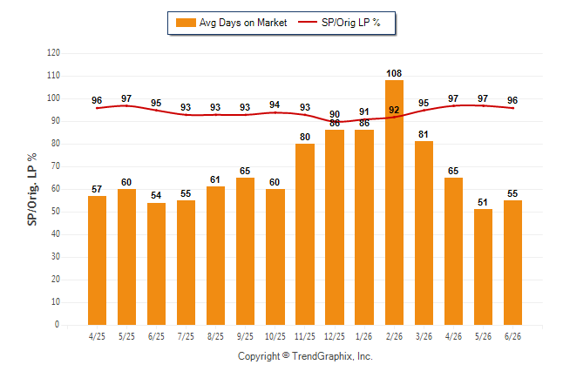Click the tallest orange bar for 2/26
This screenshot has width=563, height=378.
394,202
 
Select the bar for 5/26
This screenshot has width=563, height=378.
483,267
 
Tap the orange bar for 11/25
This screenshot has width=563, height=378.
305,234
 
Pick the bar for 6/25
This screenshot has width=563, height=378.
156,264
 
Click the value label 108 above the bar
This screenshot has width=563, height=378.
394,73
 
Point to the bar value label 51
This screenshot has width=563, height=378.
483,202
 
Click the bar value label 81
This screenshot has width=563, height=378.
424,134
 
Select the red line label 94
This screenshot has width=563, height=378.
275,105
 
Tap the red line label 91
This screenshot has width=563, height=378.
364,111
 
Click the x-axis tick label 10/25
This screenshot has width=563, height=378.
275,336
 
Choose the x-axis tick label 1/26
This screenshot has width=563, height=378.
364,336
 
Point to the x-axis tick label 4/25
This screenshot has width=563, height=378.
97,336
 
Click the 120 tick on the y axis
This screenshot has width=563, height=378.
53,53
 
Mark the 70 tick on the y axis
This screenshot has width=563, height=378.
55,166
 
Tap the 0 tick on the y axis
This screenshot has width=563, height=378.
58,325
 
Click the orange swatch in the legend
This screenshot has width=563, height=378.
186,23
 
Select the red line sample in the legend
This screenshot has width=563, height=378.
308,22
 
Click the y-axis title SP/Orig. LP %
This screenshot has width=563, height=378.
32,189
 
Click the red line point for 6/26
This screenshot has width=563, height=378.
512,108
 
